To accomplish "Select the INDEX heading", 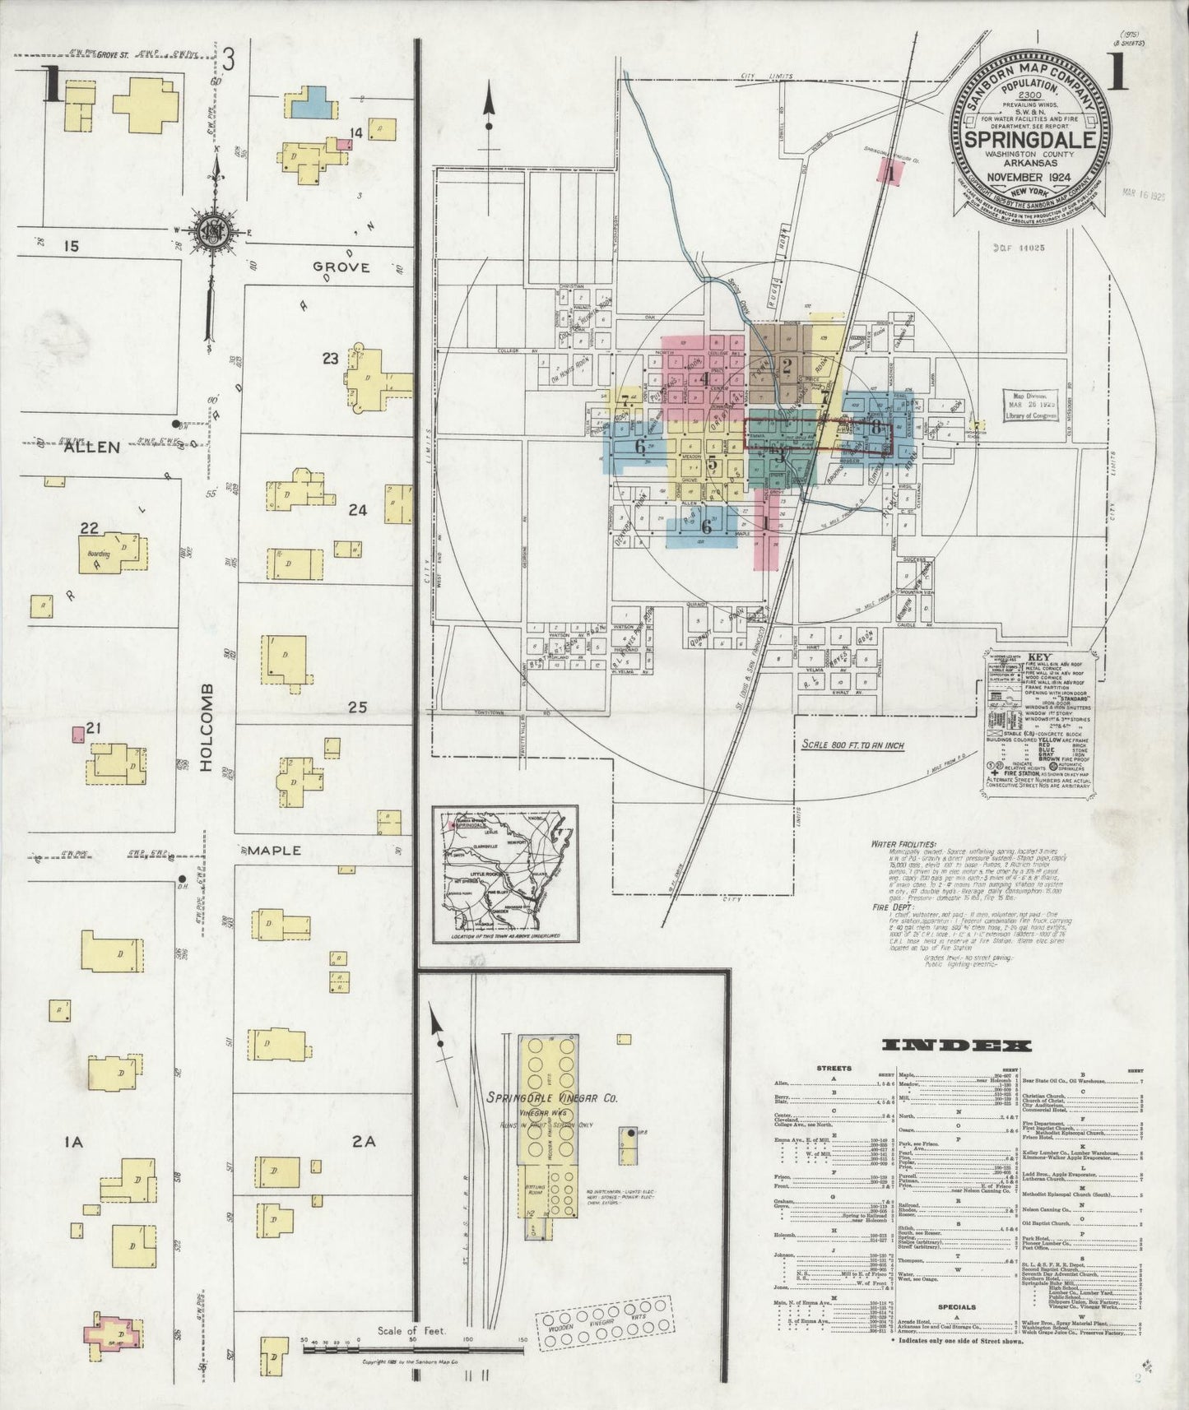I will (x=956, y=1046).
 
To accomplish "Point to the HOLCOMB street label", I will (x=206, y=727).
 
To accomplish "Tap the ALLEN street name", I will (x=92, y=447).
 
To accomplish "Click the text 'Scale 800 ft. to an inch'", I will (x=854, y=744).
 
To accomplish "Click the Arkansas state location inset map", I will (x=505, y=874).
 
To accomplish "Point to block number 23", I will (x=330, y=358).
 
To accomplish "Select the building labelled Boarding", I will (x=113, y=550).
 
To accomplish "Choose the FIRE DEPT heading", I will (x=892, y=907).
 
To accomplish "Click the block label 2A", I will (x=364, y=1141).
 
